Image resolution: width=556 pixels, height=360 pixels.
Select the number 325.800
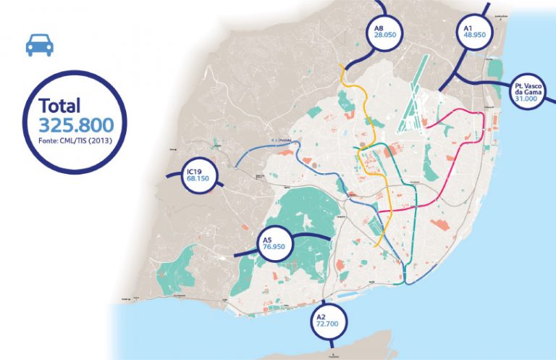[76, 123]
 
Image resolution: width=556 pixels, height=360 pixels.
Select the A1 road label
[469, 27]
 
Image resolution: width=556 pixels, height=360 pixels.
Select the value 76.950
[274, 248]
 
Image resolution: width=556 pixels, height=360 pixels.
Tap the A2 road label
[321, 318]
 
